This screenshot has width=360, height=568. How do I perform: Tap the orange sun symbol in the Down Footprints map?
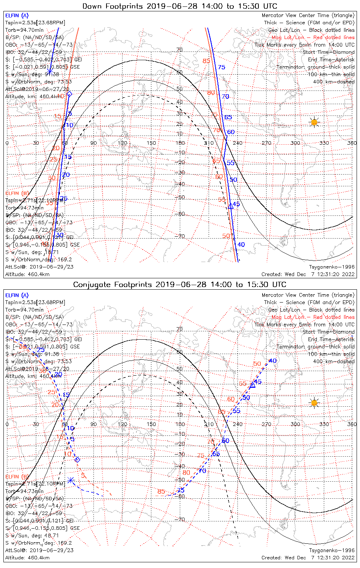[314, 122]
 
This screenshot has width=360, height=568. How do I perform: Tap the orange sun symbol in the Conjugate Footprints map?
[314, 403]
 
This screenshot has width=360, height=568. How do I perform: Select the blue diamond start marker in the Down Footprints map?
[69, 94]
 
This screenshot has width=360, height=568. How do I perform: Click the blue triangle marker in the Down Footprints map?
[231, 206]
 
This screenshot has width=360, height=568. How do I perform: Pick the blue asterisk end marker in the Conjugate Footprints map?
[70, 480]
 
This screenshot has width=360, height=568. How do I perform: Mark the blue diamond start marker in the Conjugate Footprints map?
[77, 460]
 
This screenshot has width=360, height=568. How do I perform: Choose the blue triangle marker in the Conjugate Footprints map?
[253, 385]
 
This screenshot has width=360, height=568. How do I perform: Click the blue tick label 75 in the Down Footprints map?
[221, 67]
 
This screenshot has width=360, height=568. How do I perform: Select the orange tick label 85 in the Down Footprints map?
[206, 61]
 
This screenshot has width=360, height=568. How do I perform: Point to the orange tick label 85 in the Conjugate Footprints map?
[161, 492]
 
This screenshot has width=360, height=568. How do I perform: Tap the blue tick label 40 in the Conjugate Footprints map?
[272, 361]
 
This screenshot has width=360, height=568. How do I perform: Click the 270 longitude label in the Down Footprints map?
[266, 143]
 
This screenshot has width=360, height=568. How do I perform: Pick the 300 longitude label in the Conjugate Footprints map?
[295, 424]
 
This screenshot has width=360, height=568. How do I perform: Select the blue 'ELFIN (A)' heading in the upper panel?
[17, 16]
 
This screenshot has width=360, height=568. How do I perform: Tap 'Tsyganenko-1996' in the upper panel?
[332, 267]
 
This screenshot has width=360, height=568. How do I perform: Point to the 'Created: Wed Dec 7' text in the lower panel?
[288, 557]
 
